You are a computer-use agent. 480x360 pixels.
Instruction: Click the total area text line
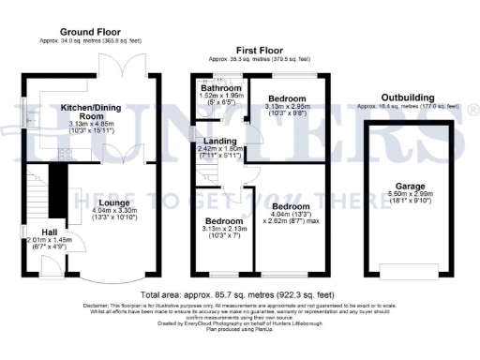[x=240, y=295]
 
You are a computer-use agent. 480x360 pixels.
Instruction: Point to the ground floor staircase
[x=37, y=192]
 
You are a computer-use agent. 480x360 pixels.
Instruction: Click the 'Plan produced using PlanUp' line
[x=240, y=329]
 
